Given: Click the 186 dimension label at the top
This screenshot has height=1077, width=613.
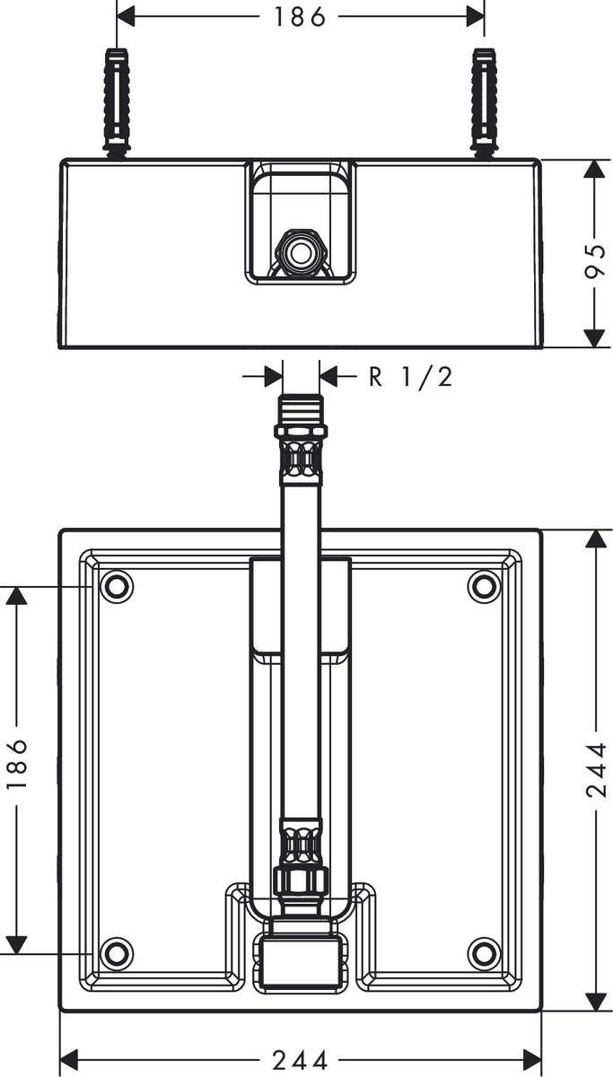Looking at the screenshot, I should click(x=301, y=16).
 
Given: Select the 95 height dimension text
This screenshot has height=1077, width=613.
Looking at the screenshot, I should click(x=595, y=254).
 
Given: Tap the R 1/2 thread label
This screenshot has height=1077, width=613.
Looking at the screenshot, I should click(x=411, y=376).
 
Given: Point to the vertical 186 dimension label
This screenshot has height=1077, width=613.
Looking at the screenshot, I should click(x=17, y=765).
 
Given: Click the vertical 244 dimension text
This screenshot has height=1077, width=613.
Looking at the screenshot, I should click(x=596, y=769).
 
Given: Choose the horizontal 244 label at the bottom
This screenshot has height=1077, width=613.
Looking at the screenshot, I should click(x=301, y=1060).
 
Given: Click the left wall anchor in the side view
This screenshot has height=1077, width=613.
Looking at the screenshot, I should click(x=118, y=102).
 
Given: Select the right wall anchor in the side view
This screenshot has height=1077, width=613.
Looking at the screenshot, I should click(x=485, y=102).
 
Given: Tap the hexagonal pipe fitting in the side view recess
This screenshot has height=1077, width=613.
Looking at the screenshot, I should click(x=300, y=251).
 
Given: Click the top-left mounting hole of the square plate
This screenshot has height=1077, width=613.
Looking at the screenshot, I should click(x=116, y=586).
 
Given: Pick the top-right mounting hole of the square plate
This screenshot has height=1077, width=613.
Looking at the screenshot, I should click(x=485, y=586).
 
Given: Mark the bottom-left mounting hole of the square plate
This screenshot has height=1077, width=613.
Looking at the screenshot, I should click(x=116, y=952).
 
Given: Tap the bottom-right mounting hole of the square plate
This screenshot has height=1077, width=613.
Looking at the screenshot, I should click(x=485, y=952).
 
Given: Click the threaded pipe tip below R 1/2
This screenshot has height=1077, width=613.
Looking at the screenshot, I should click(x=301, y=408).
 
